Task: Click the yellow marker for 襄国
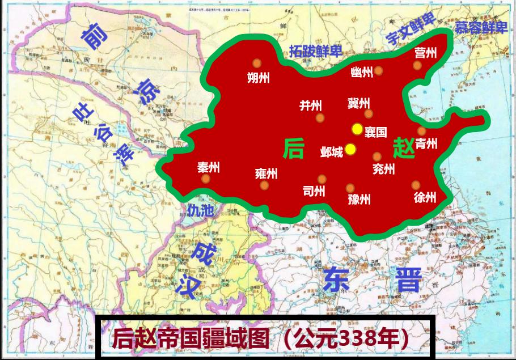357,129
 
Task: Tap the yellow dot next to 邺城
350,149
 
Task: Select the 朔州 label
258,78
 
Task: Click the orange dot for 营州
417,66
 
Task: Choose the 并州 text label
311,105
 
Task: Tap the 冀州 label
358,103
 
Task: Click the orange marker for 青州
422,131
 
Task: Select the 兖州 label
383,168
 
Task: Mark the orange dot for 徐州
416,185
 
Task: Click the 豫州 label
359,199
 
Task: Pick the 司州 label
314,191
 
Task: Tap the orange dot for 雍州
264,185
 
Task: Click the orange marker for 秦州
206,179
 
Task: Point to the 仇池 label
201,211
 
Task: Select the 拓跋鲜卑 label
315,52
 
